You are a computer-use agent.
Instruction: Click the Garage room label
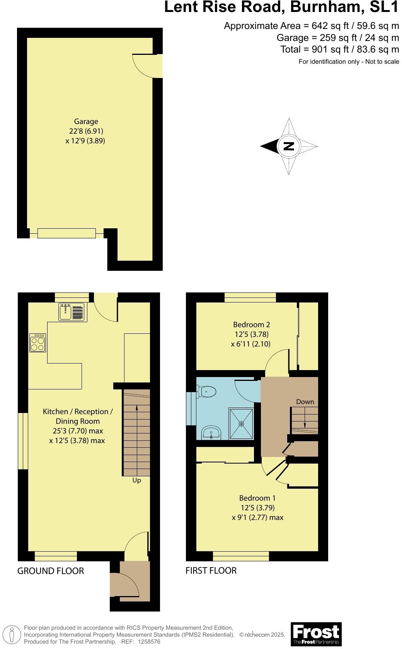(86, 121)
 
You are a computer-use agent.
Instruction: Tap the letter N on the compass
(289, 146)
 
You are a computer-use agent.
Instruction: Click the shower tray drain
(242, 424)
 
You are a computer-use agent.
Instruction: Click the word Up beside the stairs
(137, 480)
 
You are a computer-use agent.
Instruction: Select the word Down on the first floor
(305, 402)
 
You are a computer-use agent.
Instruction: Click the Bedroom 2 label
(251, 324)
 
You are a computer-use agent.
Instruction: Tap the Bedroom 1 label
(257, 498)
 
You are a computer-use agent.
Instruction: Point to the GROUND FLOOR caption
(51, 571)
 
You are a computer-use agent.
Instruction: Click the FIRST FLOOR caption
(211, 571)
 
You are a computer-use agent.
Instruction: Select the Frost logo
(316, 634)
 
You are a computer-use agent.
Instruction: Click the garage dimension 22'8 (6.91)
(86, 131)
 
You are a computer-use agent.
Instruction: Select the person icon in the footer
(12, 634)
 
